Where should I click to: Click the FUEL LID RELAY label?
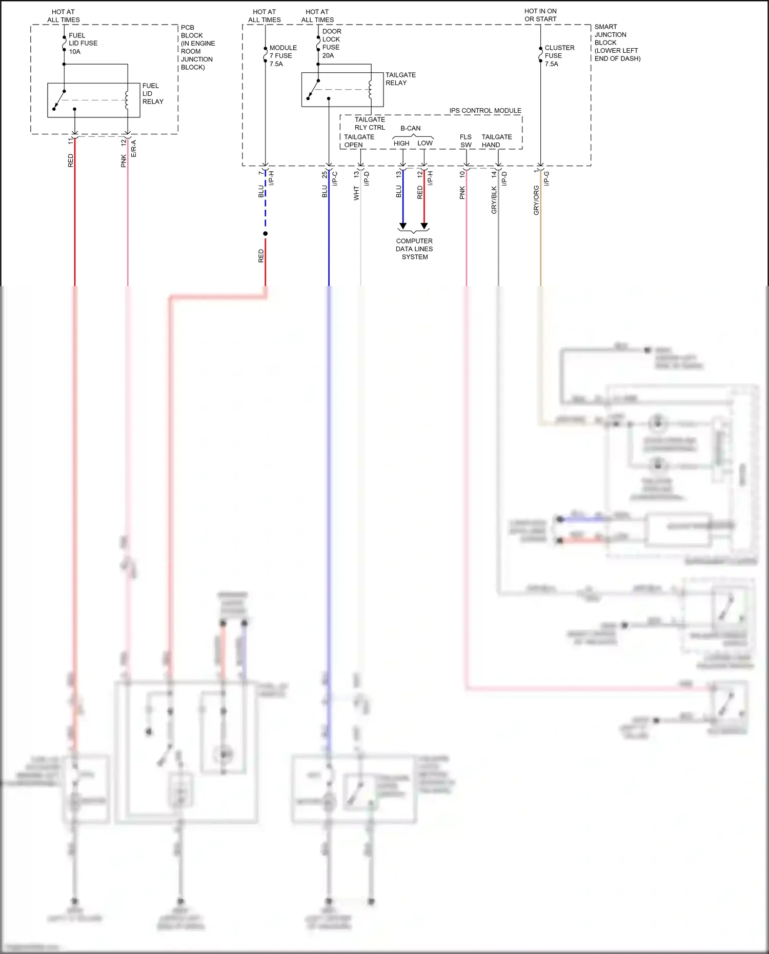coord(152,94)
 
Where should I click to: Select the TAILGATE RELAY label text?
coord(400,79)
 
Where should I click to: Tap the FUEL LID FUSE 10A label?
coord(83,44)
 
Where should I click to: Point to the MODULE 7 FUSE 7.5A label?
coord(282,56)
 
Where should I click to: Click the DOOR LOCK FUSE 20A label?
coord(331,44)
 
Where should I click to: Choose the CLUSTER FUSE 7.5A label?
coord(559,56)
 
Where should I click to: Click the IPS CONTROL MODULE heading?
coord(485,111)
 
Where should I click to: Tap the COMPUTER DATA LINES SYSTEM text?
coord(414,249)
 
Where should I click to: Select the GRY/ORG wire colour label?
coord(536,200)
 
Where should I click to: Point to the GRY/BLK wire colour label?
coord(494,200)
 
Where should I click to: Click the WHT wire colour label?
coord(356,193)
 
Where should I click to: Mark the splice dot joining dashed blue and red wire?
coord(265,234)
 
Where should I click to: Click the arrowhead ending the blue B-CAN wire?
coord(403,226)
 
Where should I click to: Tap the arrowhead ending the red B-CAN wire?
coord(424,226)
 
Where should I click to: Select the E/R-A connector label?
coord(134,148)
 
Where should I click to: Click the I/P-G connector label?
coord(547,178)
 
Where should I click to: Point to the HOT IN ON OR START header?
coord(540,15)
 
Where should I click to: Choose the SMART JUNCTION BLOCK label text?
coord(617,43)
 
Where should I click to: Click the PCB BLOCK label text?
coord(197,47)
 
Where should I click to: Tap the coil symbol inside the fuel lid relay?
coord(127,100)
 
